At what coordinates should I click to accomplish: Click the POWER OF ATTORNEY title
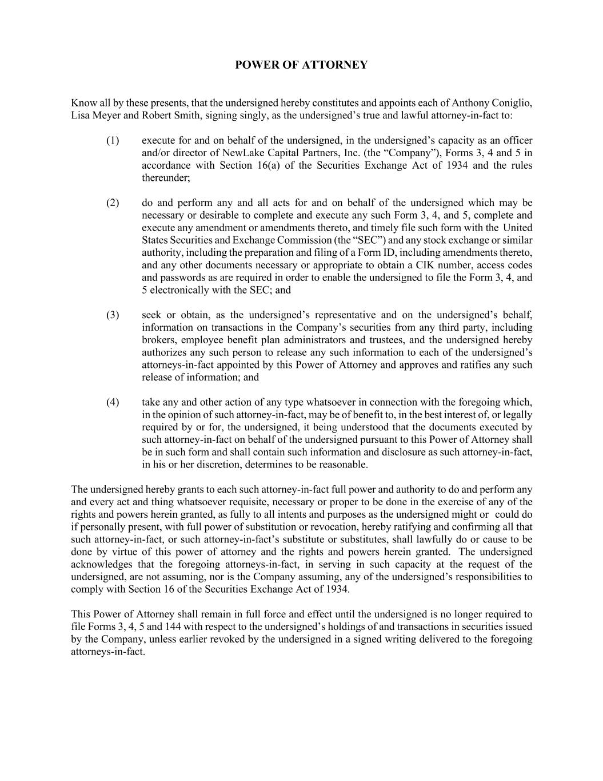coord(301,65)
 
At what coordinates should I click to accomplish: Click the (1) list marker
coord(113,141)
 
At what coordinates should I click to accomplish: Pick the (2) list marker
coord(113,203)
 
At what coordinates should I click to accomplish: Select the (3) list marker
coord(113,315)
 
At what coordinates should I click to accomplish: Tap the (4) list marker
coord(113,402)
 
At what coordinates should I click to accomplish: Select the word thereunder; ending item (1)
coord(166,178)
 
